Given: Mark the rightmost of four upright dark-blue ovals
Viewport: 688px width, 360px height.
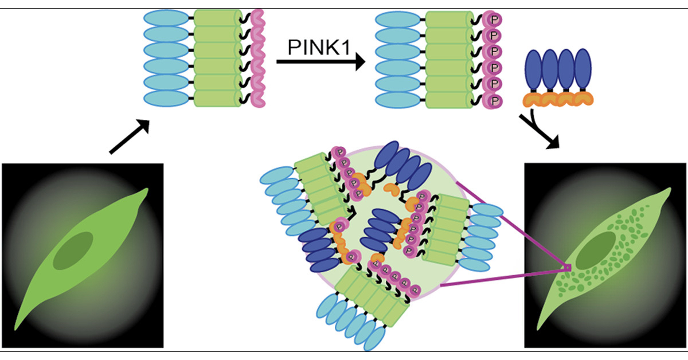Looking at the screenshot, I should [x=583, y=69].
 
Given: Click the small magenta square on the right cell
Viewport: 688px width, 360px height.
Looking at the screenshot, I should [x=568, y=268].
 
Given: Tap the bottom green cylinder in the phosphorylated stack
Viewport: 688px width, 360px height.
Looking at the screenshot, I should [x=448, y=99].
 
